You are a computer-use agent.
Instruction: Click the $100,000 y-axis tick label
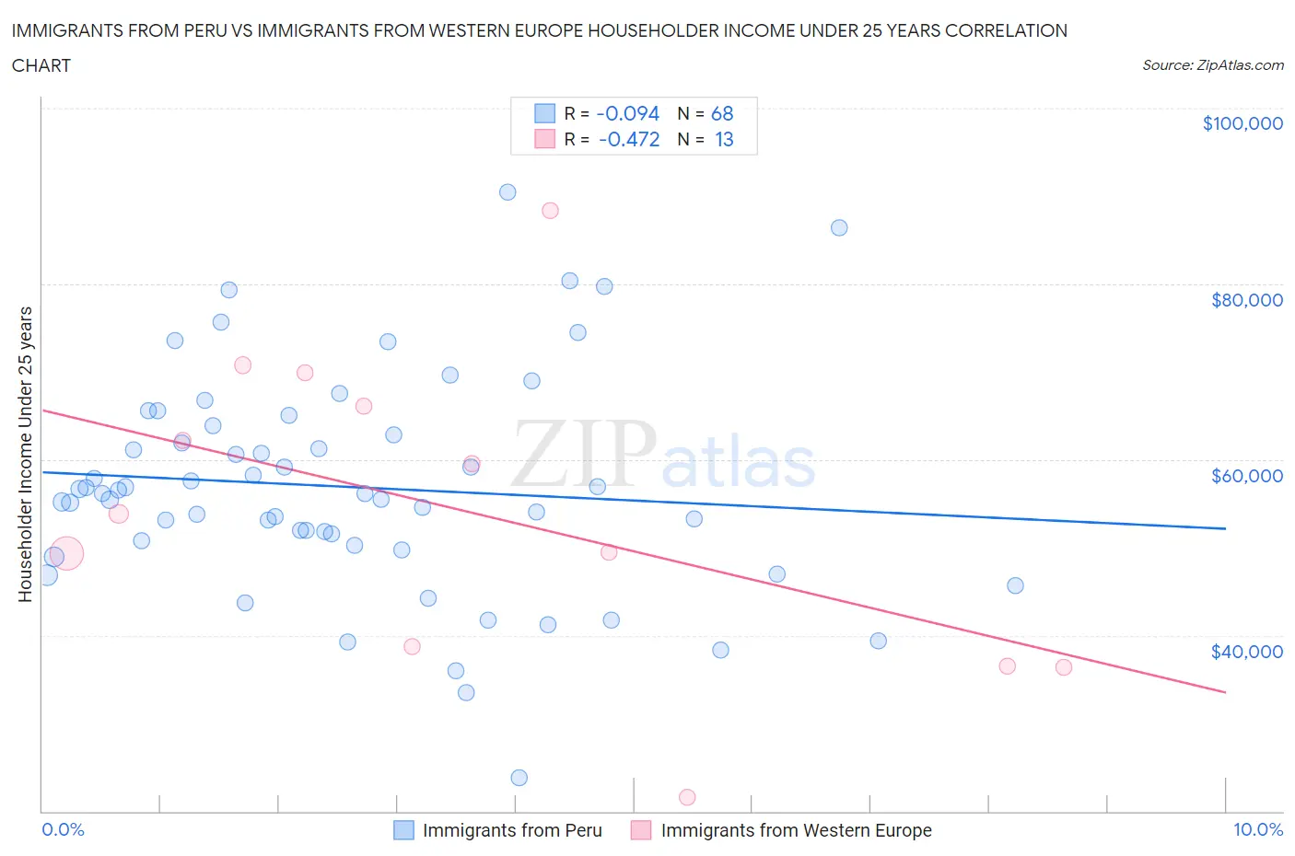pos(1242,123)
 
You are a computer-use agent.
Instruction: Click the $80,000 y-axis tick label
pos(1247,299)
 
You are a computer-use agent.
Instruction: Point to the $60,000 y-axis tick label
pos(1247,475)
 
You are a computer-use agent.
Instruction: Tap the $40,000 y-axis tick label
pos(1247,651)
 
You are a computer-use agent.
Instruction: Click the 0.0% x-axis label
pos(63,829)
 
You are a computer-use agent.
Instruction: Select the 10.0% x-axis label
pos(1257,829)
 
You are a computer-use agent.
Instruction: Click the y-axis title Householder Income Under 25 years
pos(25,454)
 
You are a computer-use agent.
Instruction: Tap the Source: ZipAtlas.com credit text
pos(1212,65)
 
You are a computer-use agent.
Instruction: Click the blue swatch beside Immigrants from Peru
pos(403,830)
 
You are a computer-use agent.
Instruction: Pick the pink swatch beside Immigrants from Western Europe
pos(641,830)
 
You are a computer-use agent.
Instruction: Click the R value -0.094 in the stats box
pos(627,113)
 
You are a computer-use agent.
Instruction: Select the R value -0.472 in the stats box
pos(629,139)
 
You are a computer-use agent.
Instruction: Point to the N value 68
pos(722,113)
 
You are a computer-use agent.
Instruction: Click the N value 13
pos(724,139)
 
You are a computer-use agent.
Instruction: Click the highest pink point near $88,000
pos(550,210)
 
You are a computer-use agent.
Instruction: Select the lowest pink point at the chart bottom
pos(687,797)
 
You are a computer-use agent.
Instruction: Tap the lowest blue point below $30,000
pos(519,778)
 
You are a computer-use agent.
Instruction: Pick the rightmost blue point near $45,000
pos(1015,585)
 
